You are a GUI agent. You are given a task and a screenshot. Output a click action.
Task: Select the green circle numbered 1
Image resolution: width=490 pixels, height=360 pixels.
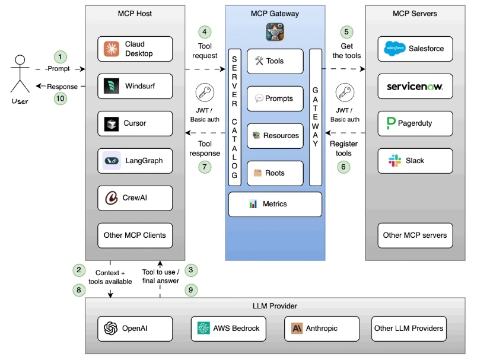click(x=60, y=57)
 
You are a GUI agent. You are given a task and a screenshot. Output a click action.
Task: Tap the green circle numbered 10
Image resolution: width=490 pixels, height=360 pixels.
click(x=60, y=98)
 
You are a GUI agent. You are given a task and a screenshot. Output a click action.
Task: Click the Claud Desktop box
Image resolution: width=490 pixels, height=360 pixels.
click(x=135, y=49)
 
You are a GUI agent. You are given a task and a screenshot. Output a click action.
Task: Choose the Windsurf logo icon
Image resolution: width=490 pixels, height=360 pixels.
click(x=112, y=86)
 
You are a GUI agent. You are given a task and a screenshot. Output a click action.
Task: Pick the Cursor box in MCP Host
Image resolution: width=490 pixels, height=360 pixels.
click(x=135, y=123)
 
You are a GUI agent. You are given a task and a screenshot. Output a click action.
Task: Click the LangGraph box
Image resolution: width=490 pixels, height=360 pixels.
click(x=135, y=161)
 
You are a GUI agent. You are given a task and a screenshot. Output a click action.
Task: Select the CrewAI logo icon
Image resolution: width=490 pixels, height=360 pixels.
click(x=112, y=198)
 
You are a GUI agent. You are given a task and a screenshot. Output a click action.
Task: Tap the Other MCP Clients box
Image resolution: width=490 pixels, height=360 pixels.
click(x=135, y=235)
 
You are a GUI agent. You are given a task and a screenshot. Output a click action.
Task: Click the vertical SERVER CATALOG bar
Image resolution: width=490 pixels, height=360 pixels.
click(x=234, y=117)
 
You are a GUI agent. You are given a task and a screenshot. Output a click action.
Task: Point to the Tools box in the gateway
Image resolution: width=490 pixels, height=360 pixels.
click(x=275, y=61)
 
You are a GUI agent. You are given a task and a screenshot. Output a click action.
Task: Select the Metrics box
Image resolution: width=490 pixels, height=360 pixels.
click(x=275, y=204)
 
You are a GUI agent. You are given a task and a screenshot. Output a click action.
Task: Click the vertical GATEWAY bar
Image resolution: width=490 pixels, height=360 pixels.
click(x=316, y=117)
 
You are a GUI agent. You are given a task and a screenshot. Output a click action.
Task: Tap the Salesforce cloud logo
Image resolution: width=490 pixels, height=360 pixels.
click(x=394, y=49)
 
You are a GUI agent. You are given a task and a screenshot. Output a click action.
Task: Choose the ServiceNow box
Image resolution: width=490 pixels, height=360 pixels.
click(x=415, y=86)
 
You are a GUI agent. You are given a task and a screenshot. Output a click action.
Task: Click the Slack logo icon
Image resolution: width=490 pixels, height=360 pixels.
click(x=394, y=161)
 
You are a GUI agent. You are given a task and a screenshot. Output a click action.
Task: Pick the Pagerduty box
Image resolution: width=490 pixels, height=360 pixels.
click(x=415, y=123)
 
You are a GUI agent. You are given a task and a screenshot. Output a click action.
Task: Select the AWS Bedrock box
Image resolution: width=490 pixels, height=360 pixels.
click(x=228, y=329)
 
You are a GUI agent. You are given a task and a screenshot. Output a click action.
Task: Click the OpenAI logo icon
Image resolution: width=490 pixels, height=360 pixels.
click(x=110, y=329)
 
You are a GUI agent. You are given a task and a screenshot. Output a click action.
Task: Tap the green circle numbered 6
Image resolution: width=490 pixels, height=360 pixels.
click(x=343, y=167)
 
